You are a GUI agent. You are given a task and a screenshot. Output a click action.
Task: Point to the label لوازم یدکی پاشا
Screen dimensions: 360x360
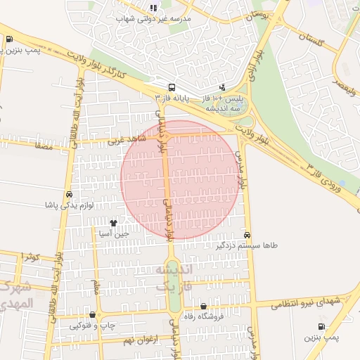tap(69, 205)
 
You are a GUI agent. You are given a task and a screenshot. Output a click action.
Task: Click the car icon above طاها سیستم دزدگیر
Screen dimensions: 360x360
tap(247, 235)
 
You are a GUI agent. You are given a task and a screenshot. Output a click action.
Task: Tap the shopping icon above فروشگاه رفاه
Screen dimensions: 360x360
tap(204, 306)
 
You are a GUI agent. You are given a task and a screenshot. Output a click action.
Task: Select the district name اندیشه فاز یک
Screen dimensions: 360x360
tap(173, 278)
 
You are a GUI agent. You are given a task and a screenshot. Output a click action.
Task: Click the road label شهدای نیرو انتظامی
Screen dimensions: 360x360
tap(307, 301)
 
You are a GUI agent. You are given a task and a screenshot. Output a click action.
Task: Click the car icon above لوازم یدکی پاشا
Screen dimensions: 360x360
tap(69, 194)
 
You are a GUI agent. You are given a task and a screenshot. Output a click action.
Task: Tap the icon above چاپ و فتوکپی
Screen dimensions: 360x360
tap(92, 315)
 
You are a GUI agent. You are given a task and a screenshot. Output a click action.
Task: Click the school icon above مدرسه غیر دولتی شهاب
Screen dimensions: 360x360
tap(153, 8)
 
